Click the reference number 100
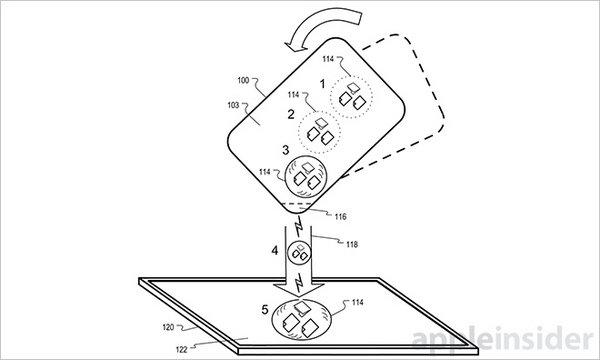(x=243, y=80)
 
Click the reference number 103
(x=233, y=105)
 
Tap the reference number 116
(x=340, y=217)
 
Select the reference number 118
(x=352, y=244)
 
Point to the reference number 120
(x=168, y=327)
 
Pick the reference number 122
(x=181, y=350)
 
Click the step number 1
(x=322, y=84)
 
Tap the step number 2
(x=291, y=114)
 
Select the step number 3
(x=285, y=150)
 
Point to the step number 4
(x=275, y=251)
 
